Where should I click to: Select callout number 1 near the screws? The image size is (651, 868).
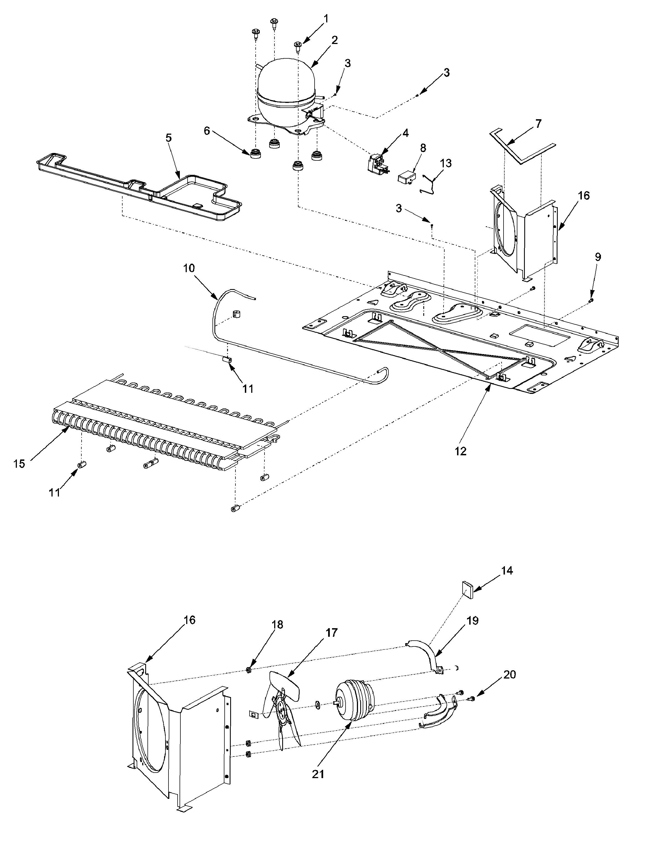326,19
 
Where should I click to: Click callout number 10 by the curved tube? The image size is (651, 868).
189,268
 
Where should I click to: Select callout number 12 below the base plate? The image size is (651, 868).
461,451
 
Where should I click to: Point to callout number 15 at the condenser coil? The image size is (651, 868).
19,464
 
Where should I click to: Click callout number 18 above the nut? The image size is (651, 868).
277,625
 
